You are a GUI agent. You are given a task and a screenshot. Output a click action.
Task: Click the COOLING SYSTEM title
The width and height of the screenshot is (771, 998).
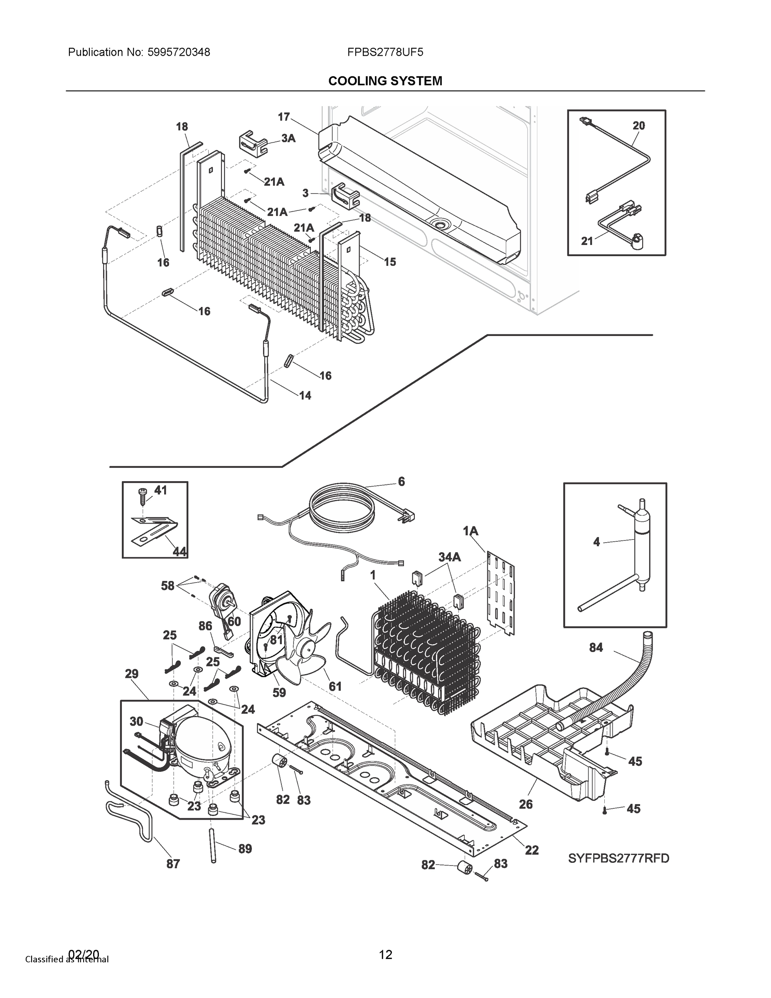point(385,81)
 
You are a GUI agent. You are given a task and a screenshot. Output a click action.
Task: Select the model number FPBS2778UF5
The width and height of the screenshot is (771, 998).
point(385,52)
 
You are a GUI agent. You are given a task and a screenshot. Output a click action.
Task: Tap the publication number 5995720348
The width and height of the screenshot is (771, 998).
point(179,52)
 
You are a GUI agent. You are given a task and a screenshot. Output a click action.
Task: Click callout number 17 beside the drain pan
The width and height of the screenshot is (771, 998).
point(283,117)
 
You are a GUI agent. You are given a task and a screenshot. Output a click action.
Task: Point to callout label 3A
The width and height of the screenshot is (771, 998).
point(288,138)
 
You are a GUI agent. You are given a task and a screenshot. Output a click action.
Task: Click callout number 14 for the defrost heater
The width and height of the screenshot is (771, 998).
point(305,396)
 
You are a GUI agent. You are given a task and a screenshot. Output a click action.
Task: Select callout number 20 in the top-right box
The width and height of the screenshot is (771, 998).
point(638,126)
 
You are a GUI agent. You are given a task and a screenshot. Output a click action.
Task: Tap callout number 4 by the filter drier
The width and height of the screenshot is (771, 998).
point(596,542)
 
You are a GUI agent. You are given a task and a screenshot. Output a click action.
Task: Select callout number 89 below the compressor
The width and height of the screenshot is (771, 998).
point(245,849)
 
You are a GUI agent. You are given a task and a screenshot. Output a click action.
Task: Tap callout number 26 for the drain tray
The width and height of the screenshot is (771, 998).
point(526,804)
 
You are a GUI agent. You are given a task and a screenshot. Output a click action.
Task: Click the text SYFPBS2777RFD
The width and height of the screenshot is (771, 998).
point(618,858)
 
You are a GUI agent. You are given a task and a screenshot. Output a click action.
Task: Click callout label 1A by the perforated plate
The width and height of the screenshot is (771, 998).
point(470,531)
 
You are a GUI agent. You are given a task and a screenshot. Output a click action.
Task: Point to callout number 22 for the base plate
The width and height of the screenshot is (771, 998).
point(532,850)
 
